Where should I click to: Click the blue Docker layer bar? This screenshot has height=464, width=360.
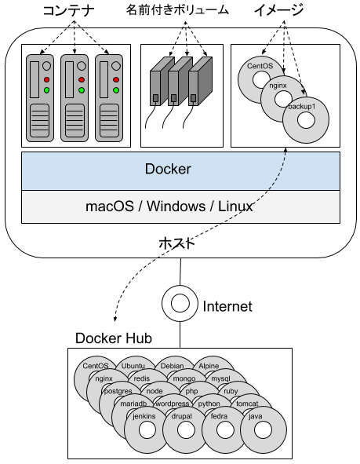tap(180, 169)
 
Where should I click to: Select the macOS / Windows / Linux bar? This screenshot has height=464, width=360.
tap(180, 206)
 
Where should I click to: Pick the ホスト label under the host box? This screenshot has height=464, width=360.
tap(180, 243)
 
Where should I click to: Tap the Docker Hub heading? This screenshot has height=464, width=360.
tap(113, 338)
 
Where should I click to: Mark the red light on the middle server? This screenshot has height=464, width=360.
tap(81, 80)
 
